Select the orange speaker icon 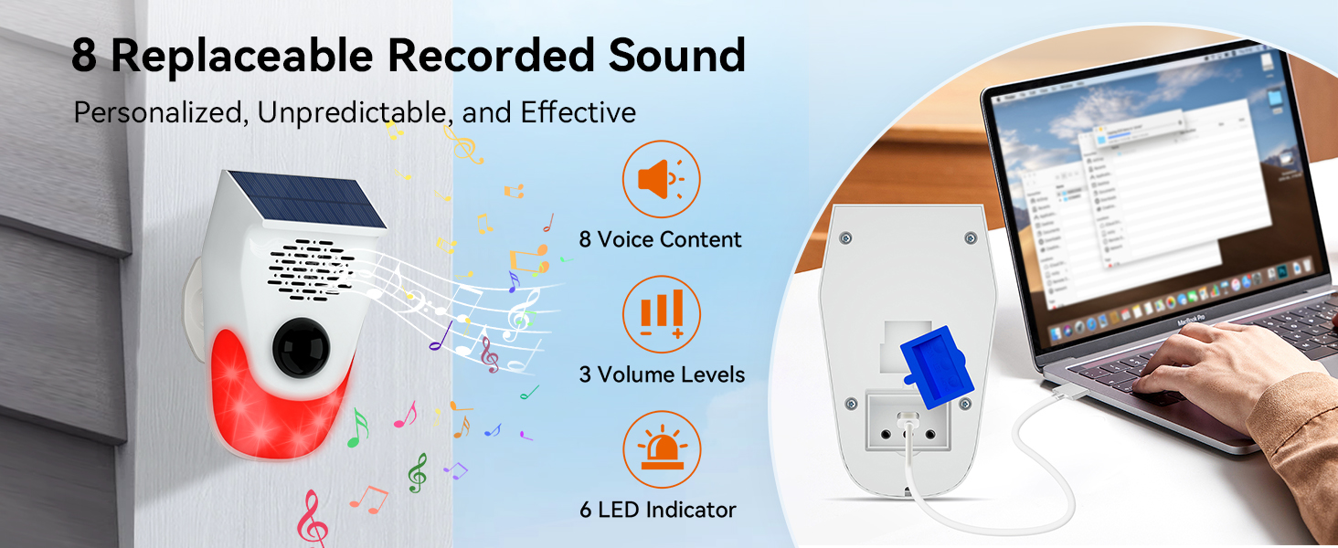coord(661,179)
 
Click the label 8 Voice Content coord(660,240)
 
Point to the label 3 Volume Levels coord(662,374)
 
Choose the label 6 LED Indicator coord(658,510)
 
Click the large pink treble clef coord(312,518)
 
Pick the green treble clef coord(418,472)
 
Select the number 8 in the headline coord(84,56)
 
